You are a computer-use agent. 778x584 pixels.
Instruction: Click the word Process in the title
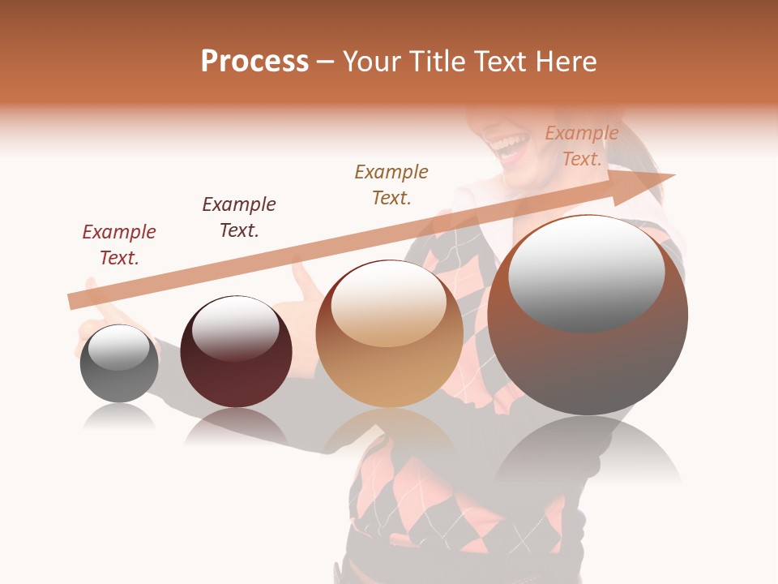(254, 62)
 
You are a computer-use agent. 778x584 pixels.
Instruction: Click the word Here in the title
(567, 62)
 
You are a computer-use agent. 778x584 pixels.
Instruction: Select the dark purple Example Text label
(239, 217)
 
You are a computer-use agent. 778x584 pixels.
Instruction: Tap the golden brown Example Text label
(391, 185)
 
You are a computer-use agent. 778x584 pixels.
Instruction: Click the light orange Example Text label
(581, 146)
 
